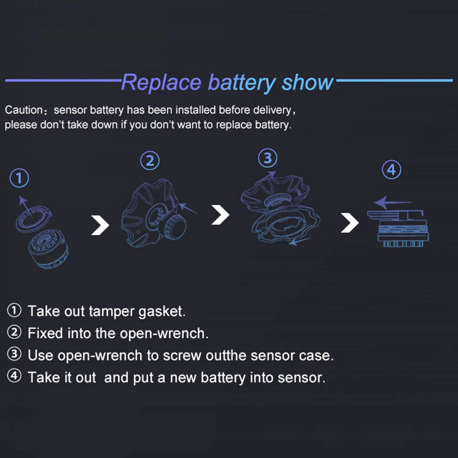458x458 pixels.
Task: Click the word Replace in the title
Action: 161,83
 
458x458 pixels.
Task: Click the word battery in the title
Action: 242,83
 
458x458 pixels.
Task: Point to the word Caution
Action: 23,110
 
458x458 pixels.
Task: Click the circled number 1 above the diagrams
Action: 19,178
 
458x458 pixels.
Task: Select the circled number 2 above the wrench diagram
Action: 150,161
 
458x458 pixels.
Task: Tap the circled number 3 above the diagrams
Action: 267,158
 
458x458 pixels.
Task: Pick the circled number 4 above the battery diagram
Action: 391,170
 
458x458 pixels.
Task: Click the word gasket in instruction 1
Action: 161,311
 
